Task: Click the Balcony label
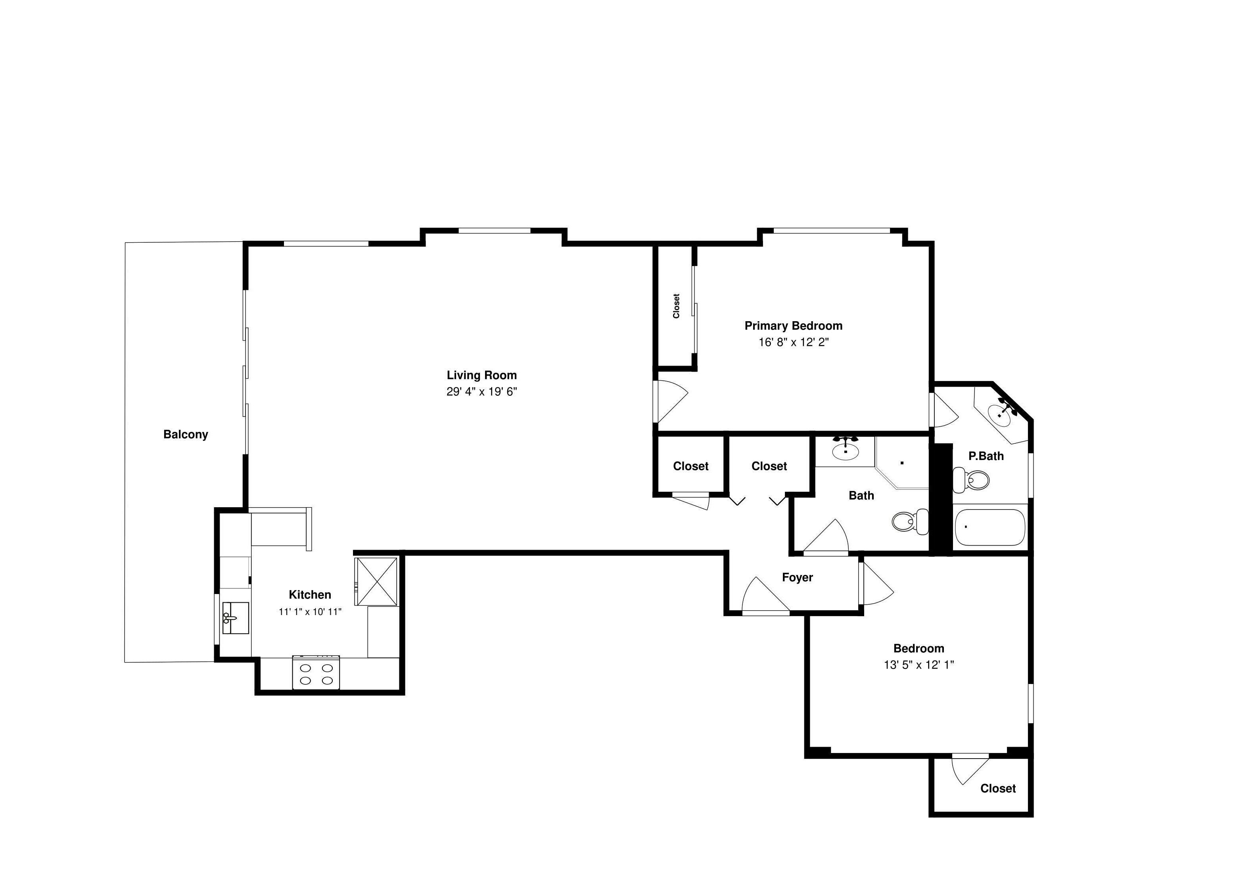(x=186, y=435)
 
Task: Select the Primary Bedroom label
(x=793, y=326)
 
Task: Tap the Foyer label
(x=797, y=577)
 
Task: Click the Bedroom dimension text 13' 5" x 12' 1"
(x=919, y=665)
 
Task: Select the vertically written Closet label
(x=676, y=306)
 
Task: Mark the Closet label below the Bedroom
(x=998, y=788)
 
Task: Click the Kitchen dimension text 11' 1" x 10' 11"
(x=310, y=611)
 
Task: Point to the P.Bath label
(x=986, y=456)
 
